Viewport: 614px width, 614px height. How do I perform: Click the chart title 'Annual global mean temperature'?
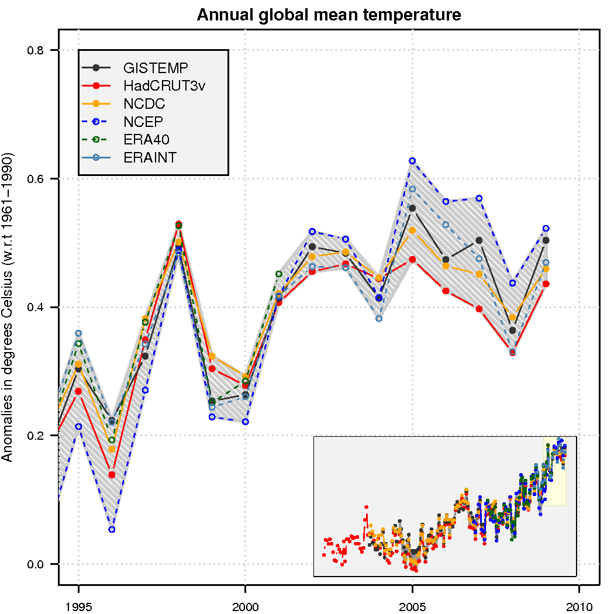(329, 15)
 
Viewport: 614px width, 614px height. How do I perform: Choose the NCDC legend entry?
(144, 104)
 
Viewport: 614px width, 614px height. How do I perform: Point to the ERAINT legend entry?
(150, 157)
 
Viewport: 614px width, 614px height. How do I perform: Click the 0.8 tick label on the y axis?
(36, 50)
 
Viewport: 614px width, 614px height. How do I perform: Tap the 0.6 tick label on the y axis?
(36, 179)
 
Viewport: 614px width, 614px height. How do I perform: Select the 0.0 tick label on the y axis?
(36, 564)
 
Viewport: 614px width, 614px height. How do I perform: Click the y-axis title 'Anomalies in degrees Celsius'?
(8, 307)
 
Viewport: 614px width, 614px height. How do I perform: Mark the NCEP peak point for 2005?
(412, 161)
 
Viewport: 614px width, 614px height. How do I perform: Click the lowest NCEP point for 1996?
(112, 530)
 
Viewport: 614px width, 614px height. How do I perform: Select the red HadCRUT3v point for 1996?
(112, 475)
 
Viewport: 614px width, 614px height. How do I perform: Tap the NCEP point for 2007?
(479, 198)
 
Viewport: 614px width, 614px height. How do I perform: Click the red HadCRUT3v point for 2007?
(479, 309)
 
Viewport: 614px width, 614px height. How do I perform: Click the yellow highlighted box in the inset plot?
(554, 471)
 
